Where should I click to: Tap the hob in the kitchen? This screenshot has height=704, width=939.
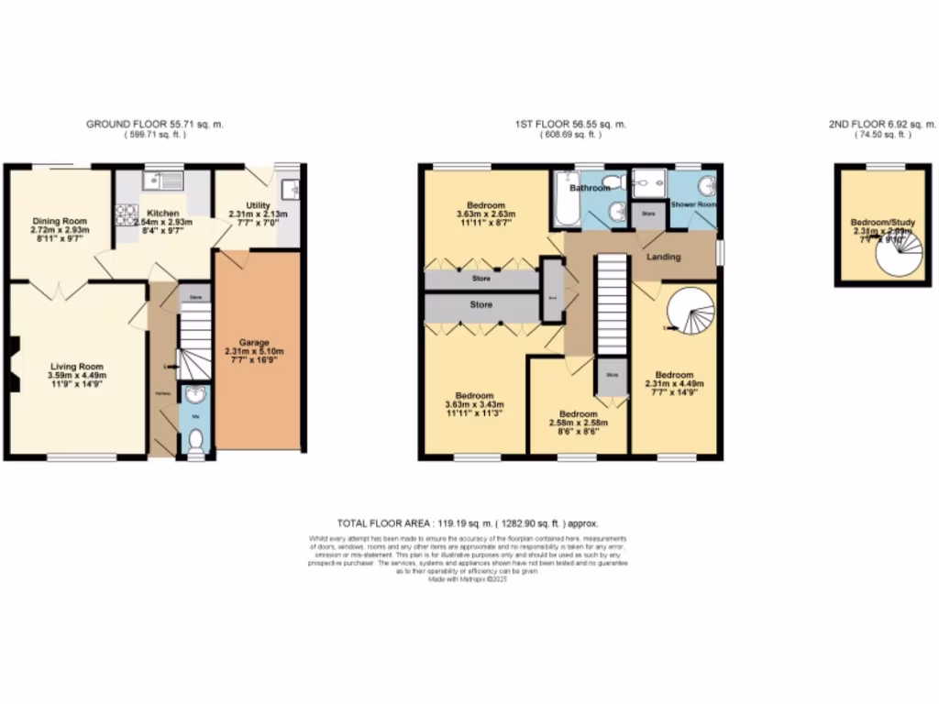tap(125, 215)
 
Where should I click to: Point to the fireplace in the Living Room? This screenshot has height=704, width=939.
tap(13, 365)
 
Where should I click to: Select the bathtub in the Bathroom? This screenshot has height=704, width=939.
tap(560, 200)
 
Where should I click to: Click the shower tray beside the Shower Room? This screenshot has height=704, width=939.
tap(649, 183)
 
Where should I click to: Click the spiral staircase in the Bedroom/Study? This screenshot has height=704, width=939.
tap(899, 254)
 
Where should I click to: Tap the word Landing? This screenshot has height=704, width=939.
tap(664, 257)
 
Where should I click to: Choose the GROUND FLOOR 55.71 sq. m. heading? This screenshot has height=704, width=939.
tap(155, 124)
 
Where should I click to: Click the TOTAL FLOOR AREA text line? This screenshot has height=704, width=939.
tap(467, 522)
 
